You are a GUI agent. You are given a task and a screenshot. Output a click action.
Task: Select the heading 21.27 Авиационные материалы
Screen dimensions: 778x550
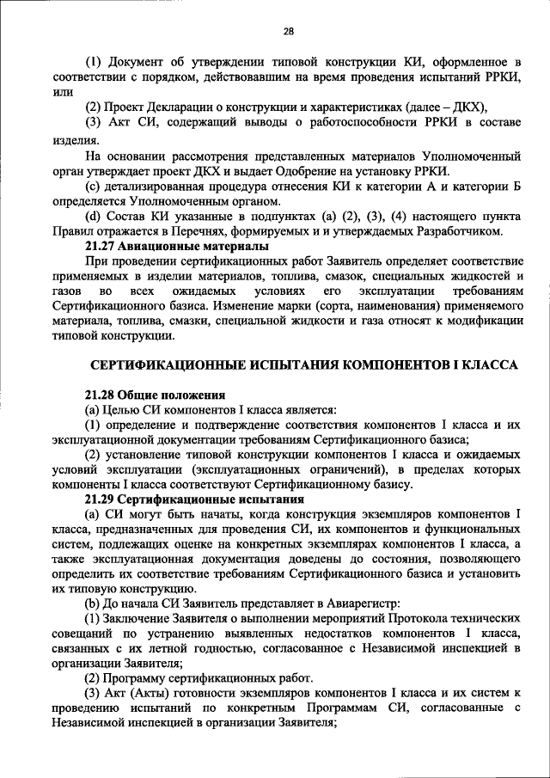coord(162,245)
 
